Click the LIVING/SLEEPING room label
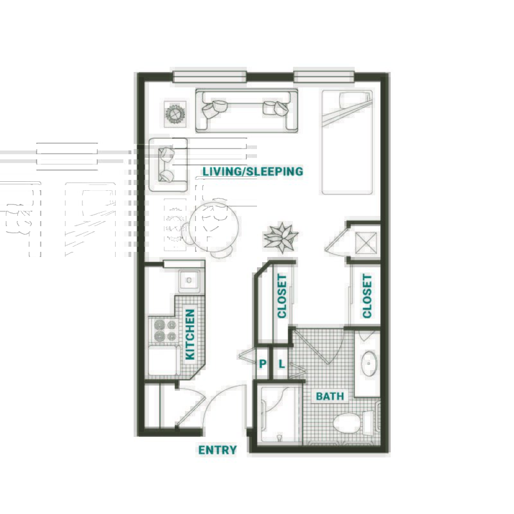pos(253,172)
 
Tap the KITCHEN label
pos(190,334)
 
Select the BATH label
pos(330,396)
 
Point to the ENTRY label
pos(217,450)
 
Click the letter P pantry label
pos(263,364)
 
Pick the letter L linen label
pos(281,364)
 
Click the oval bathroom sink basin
pos(369,364)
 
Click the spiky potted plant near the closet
pos(281,237)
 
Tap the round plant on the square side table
pos(175,114)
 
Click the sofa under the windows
pos(247,111)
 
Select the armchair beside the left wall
pos(168,164)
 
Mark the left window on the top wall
pos(209,76)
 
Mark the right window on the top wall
pos(324,76)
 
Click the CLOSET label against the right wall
pos(367,296)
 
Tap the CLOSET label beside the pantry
pos(282,296)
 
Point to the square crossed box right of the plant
pos(366,243)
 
